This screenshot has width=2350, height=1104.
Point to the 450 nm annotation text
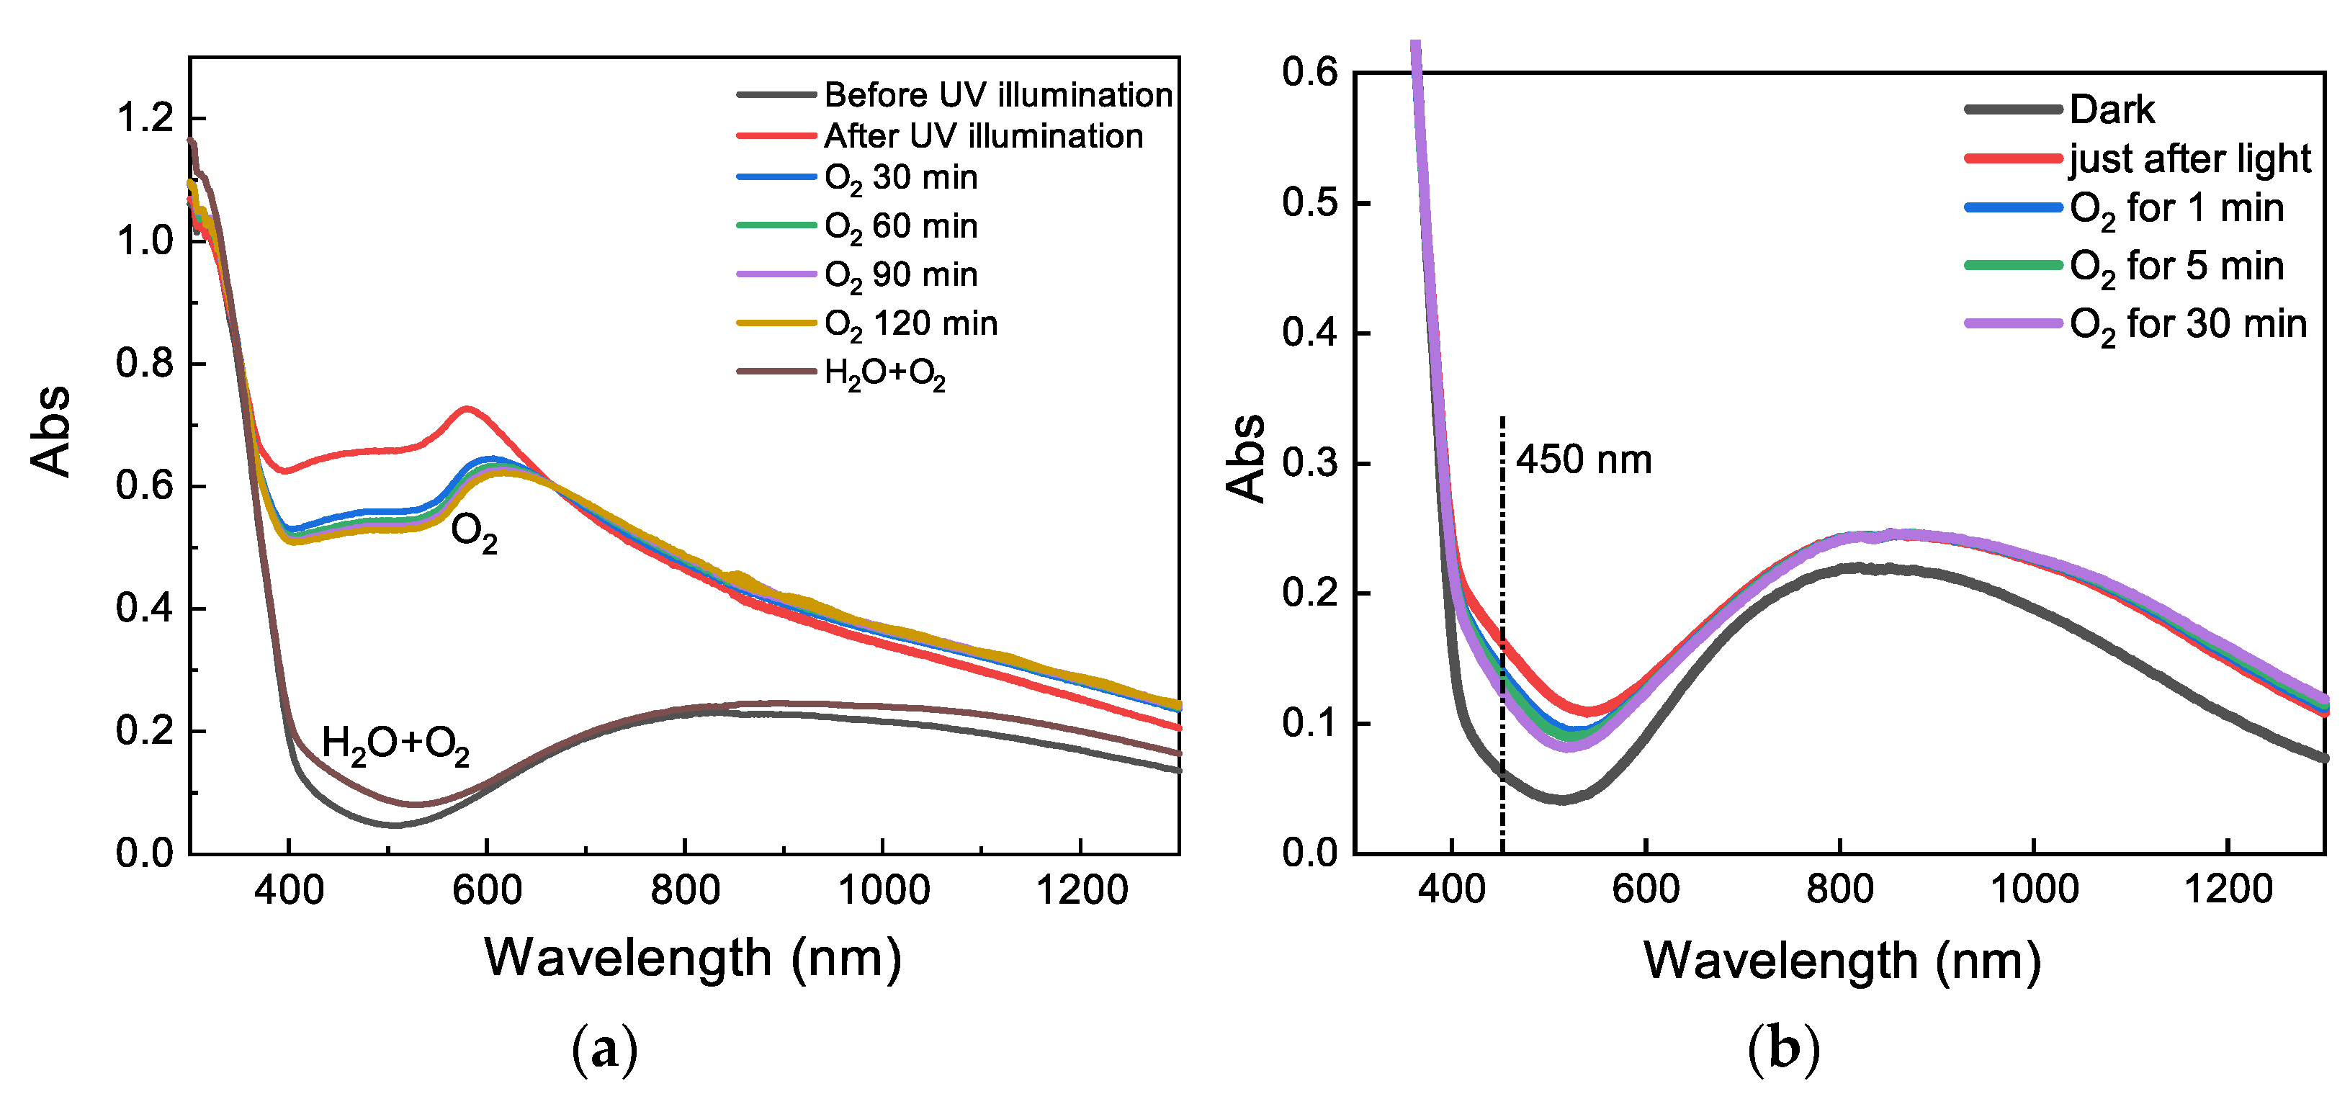(1584, 460)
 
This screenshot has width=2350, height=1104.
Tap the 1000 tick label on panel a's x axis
(883, 889)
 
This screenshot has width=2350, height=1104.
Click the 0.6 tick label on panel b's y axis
(1309, 72)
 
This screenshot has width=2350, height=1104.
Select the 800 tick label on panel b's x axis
(1839, 889)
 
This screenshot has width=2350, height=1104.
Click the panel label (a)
(604, 1050)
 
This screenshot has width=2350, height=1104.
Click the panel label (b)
(1783, 1050)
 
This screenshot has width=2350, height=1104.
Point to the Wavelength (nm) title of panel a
(694, 958)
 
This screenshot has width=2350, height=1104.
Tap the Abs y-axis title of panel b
(1246, 458)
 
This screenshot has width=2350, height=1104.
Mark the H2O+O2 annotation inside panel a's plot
(395, 745)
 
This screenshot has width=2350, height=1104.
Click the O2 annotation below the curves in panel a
(473, 533)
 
